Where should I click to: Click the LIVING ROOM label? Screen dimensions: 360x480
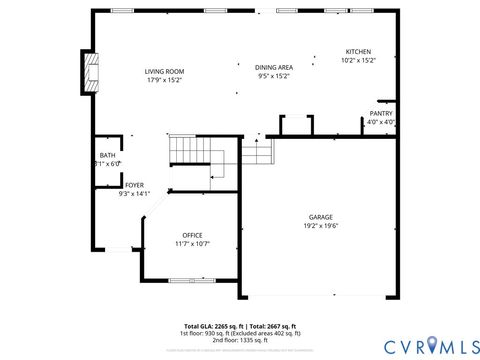pos(164,71)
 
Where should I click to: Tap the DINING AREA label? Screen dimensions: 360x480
pos(273,66)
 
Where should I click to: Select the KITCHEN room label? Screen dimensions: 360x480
pos(358,51)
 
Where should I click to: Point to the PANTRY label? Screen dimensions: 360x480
pos(381,113)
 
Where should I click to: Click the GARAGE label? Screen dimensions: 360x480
pos(320,217)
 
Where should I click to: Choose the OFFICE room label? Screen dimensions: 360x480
pos(192,235)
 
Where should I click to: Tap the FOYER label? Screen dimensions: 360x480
pos(134,185)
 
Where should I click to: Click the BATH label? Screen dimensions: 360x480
pos(107,155)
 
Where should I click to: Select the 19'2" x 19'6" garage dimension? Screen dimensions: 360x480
pos(320,226)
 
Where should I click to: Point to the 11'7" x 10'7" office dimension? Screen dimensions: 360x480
pos(192,244)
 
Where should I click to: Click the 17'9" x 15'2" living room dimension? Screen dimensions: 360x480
pos(164,80)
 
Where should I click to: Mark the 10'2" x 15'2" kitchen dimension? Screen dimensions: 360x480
pos(358,60)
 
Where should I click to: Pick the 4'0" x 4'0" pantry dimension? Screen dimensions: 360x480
pos(381,122)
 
